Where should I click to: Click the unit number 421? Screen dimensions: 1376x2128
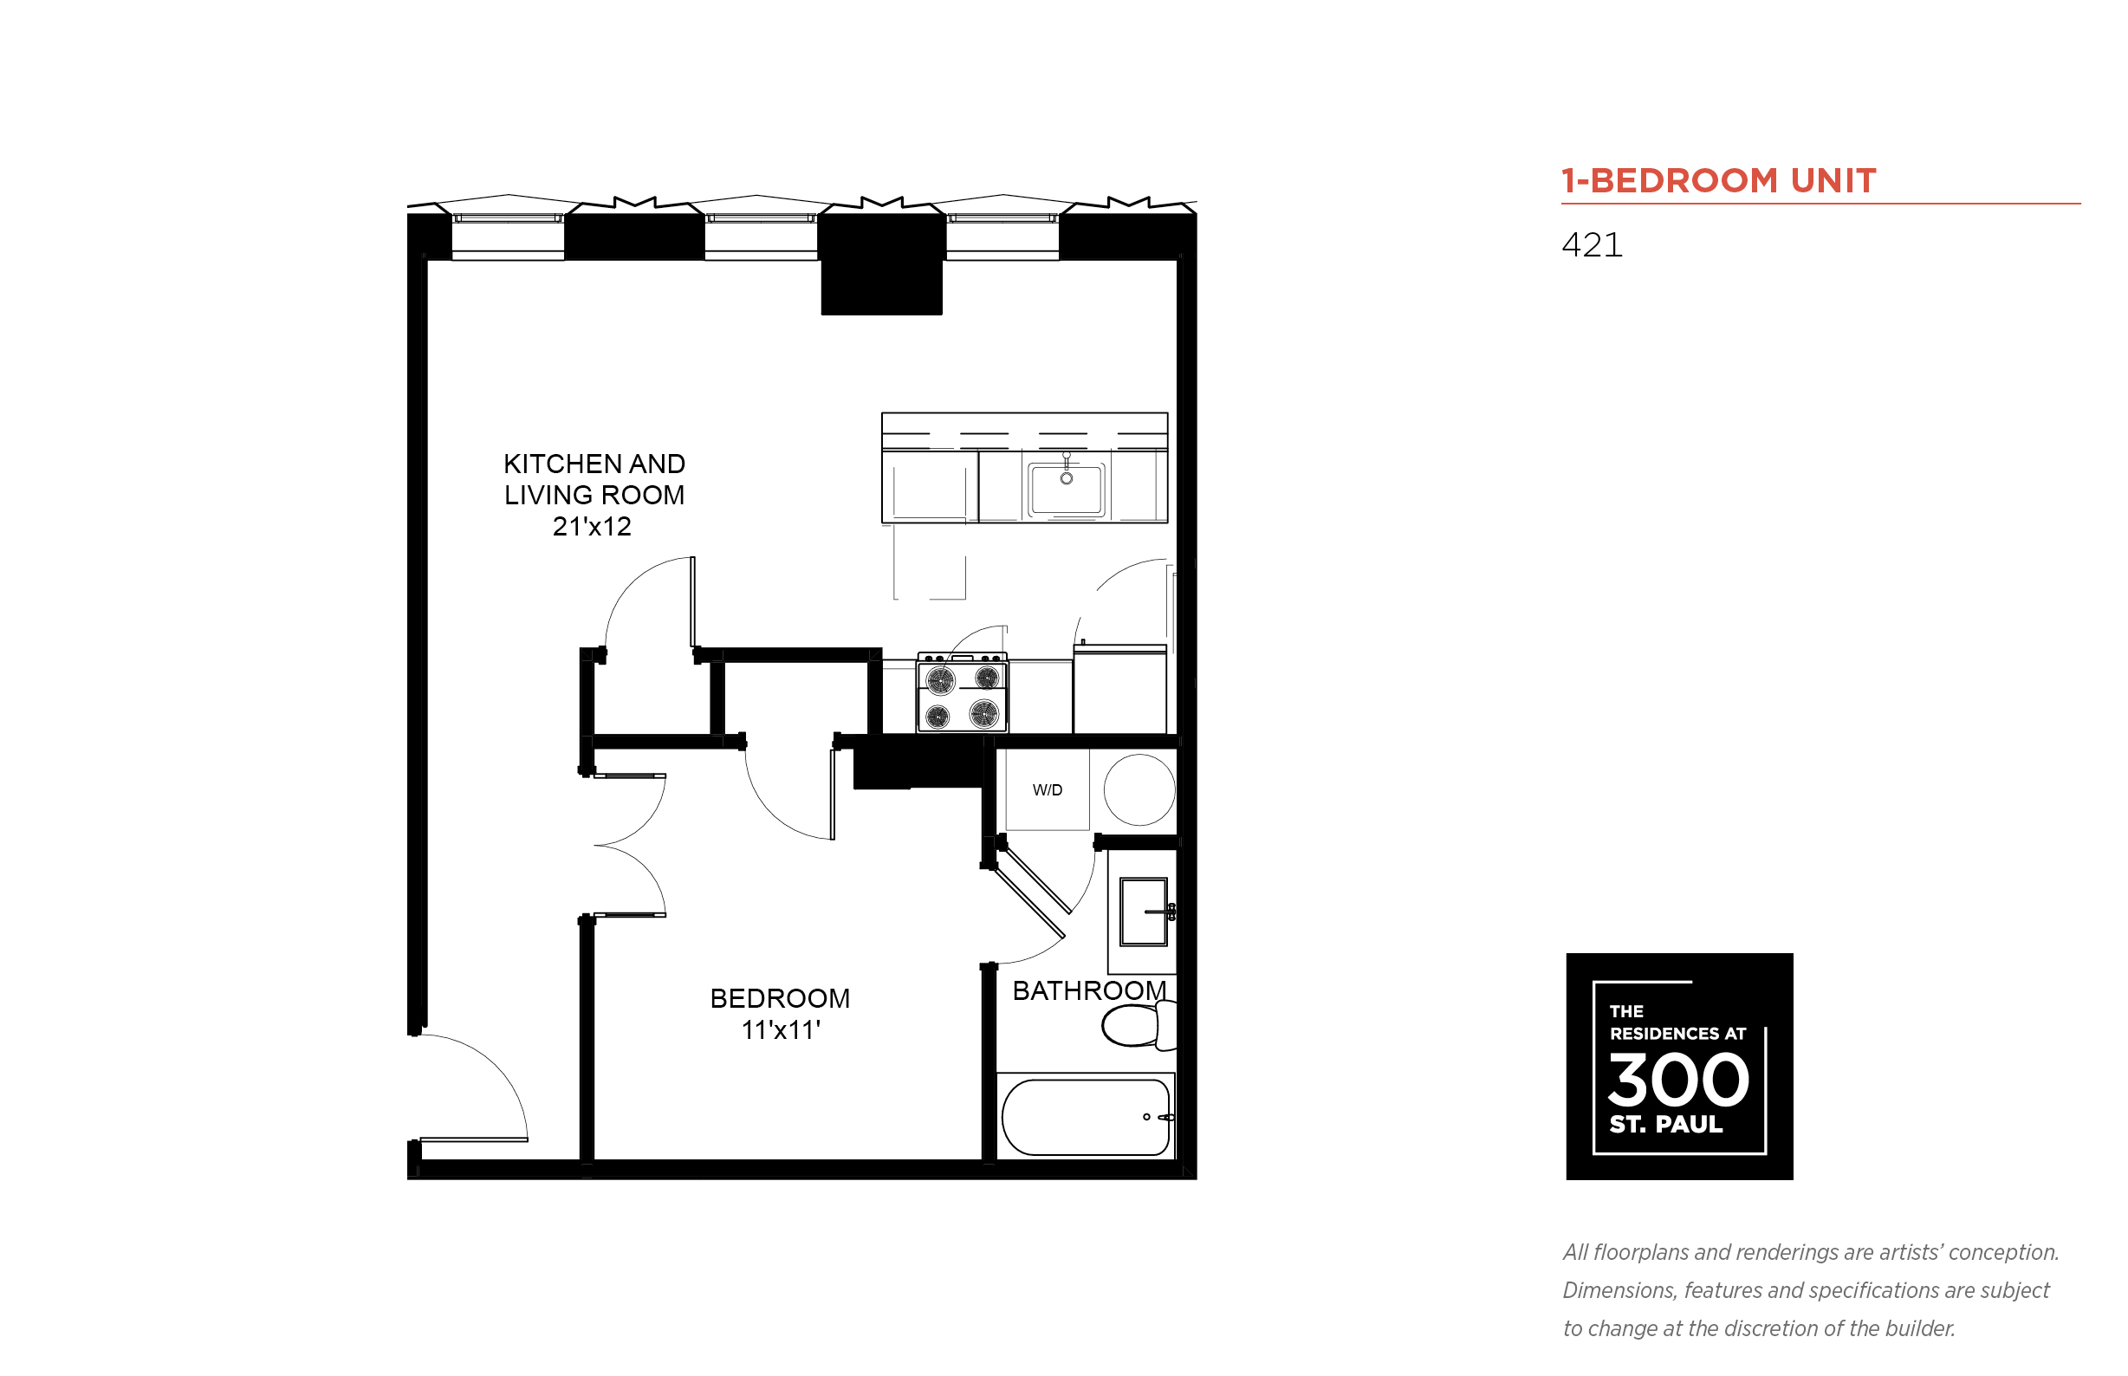click(1591, 246)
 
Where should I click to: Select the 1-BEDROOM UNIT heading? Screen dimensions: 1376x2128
click(1717, 181)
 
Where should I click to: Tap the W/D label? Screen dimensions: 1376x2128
click(1047, 790)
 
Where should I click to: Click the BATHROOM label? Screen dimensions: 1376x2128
click(1088, 990)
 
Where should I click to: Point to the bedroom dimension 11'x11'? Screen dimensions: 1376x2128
click(780, 1030)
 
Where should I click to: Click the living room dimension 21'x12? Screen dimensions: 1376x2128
click(592, 527)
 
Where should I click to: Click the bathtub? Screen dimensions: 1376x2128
click(1085, 1118)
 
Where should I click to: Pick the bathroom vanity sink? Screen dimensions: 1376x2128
click(1143, 912)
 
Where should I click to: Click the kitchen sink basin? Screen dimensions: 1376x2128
click(1065, 489)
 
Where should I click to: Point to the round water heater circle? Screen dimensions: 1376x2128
click(1139, 790)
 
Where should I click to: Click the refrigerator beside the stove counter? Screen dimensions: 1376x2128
click(1119, 691)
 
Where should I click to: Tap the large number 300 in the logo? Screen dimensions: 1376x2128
click(1677, 1081)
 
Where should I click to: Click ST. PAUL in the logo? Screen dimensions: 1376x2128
click(1664, 1124)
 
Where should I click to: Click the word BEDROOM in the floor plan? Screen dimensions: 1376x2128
click(779, 998)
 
